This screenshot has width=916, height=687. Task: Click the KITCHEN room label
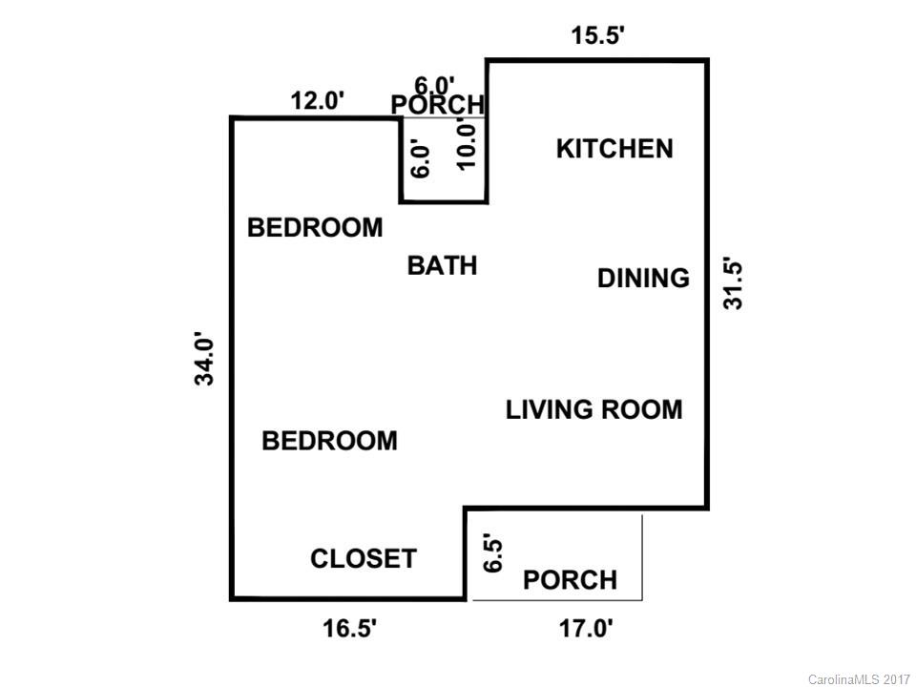[614, 149]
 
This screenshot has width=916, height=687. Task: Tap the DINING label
[643, 278]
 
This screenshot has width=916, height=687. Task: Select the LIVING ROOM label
[593, 409]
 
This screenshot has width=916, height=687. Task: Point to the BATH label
[442, 265]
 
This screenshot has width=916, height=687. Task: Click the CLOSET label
[364, 558]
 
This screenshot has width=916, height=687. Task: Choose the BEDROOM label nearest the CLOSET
[329, 441]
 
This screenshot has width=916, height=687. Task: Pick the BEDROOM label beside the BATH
[315, 228]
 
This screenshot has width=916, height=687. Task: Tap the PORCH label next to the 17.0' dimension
[570, 579]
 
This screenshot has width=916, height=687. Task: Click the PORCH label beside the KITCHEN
[438, 104]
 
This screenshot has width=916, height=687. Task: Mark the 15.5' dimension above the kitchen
[598, 36]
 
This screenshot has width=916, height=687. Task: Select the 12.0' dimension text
[317, 100]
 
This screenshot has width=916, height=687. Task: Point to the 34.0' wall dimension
[205, 359]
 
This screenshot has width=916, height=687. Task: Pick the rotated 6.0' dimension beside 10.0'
[421, 158]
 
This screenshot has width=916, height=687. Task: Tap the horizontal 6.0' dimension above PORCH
[434, 85]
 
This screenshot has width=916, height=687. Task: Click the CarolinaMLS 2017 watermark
[859, 679]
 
